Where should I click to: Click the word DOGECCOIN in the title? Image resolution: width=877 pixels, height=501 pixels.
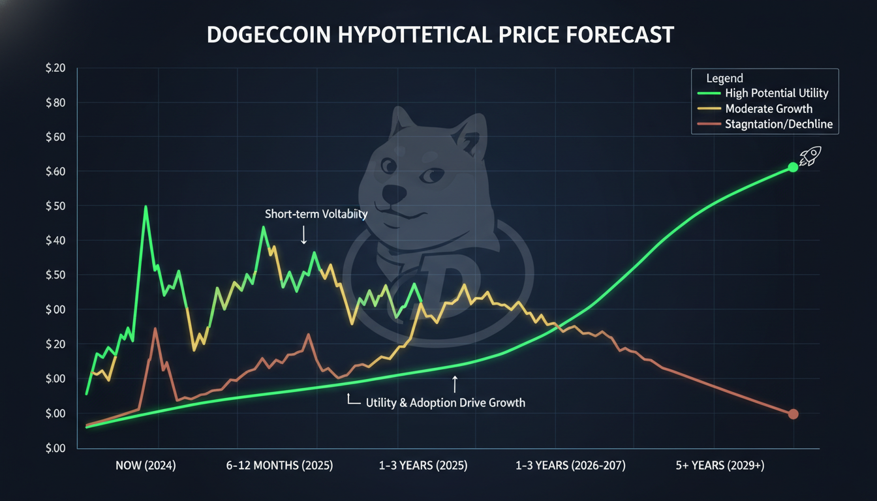pos(269,35)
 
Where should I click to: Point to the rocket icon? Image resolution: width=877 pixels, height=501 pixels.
pos(810,156)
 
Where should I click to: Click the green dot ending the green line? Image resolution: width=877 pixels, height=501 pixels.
pos(793,168)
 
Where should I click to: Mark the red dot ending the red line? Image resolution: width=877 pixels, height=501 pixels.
pos(793,414)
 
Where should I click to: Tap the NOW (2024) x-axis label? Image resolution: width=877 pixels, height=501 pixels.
pos(146,465)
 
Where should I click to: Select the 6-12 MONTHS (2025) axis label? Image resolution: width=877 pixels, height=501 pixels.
pos(279,465)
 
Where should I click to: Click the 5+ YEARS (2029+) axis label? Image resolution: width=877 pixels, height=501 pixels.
pos(720,465)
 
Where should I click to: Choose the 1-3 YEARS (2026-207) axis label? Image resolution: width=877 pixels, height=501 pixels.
pos(570,465)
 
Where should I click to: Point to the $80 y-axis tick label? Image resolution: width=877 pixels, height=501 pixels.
pos(55,103)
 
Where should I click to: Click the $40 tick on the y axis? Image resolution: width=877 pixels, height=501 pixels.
pos(55,240)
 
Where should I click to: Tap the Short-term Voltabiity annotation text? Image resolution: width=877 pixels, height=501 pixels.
pos(316,214)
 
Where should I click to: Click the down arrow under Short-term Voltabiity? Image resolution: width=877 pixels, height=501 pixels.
pos(304,235)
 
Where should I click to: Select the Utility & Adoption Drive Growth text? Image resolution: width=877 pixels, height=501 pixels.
pos(446,402)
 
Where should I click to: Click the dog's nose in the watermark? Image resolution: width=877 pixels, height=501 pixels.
pos(394,194)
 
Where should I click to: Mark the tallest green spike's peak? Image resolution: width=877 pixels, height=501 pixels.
pos(146,206)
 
